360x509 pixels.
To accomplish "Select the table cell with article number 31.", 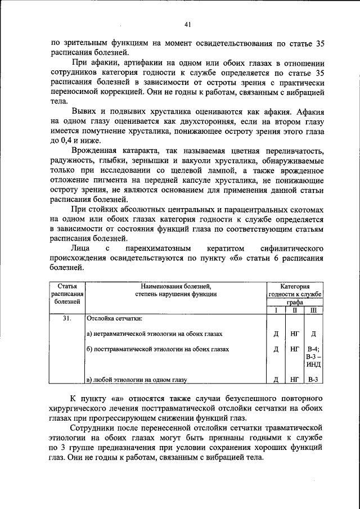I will [67, 319].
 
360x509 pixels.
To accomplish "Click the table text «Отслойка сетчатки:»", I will [114, 319].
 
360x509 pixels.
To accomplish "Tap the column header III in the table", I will [313, 310].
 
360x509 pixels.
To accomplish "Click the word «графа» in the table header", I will [294, 302].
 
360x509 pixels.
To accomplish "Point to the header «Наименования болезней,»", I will [175, 286].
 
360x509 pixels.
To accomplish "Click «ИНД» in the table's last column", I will [313, 364].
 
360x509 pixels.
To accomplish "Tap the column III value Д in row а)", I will [313, 334].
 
